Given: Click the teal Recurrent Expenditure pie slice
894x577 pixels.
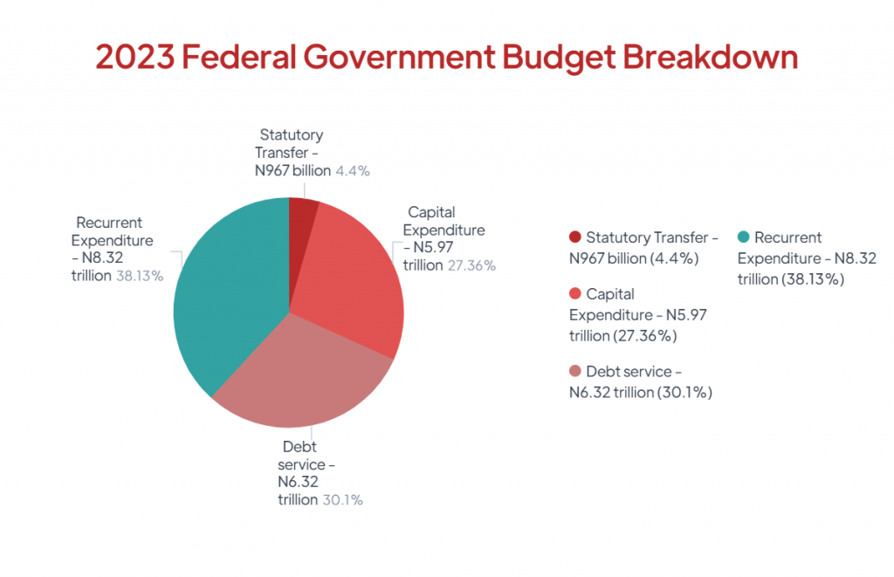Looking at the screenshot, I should pyautogui.click(x=227, y=297).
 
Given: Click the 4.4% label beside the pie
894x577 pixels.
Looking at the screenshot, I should pyautogui.click(x=353, y=171).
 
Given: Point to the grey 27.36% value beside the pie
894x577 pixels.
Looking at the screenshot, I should pyautogui.click(x=471, y=265).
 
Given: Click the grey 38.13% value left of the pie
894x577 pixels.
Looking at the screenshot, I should pyautogui.click(x=140, y=276).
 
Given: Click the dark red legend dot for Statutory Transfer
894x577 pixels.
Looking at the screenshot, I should pyautogui.click(x=574, y=237).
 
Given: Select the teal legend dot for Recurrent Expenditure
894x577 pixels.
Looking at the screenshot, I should pyautogui.click(x=743, y=237).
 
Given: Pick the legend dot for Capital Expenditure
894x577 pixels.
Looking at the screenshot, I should pyautogui.click(x=574, y=294).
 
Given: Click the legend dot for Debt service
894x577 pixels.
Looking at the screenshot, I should pyautogui.click(x=574, y=372).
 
